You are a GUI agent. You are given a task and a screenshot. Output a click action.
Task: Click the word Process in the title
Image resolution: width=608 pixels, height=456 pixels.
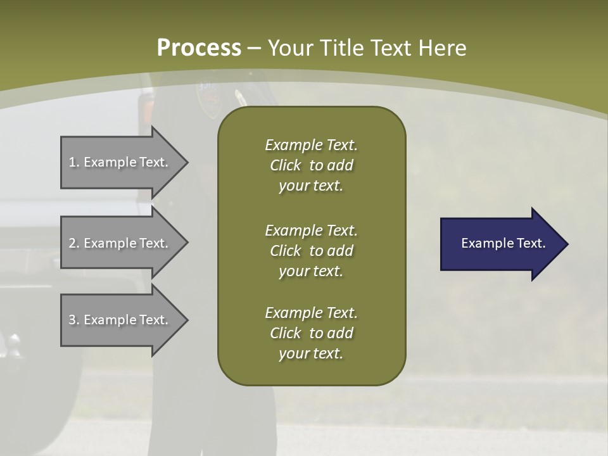[199, 48]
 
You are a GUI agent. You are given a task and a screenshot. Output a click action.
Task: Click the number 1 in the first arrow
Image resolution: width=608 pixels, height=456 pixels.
[72, 162]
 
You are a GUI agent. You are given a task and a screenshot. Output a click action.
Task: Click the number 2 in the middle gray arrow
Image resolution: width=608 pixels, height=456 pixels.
[72, 243]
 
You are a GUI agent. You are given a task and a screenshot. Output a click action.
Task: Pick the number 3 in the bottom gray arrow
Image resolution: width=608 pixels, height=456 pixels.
[72, 320]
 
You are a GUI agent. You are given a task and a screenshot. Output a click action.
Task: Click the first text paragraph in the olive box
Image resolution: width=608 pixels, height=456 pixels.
[311, 165]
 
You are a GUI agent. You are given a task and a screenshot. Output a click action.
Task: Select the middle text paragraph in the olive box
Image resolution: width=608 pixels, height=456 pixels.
[311, 251]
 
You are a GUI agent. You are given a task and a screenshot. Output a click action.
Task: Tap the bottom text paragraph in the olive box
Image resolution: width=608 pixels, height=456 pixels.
[311, 333]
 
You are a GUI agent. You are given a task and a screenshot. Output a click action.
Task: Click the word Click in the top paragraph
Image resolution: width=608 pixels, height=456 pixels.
[285, 165]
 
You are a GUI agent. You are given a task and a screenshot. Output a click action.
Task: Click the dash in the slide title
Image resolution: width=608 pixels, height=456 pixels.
[255, 49]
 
